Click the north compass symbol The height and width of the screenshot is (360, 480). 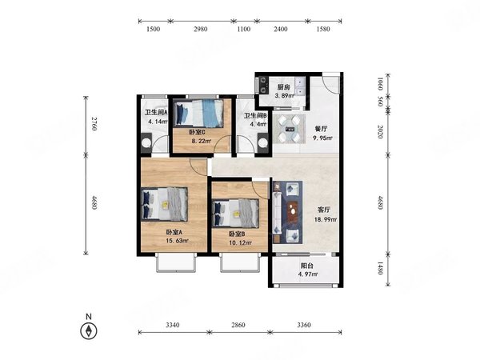[x=89, y=331]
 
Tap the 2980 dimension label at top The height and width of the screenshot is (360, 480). [x=201, y=29]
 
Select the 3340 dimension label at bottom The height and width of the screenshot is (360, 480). [x=173, y=325]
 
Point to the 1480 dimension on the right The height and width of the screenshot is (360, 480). [x=380, y=268]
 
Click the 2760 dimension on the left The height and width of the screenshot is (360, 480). [x=94, y=124]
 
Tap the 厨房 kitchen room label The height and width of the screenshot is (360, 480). [x=284, y=87]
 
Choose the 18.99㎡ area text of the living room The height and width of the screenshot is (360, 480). [x=326, y=219]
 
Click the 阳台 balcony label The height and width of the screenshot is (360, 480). [x=307, y=266]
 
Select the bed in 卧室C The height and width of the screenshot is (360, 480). [x=198, y=114]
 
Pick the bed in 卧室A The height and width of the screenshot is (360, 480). [x=164, y=204]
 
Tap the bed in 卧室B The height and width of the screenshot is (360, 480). [x=235, y=214]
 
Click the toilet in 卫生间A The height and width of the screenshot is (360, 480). [x=146, y=142]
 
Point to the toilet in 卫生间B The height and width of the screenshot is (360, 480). [x=263, y=142]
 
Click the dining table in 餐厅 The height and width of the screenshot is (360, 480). [x=290, y=129]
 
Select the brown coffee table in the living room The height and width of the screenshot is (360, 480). [x=293, y=211]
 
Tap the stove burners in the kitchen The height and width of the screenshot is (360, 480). [x=263, y=85]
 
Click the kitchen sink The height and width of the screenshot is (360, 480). [x=300, y=86]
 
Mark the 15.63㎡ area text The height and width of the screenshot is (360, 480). [x=178, y=241]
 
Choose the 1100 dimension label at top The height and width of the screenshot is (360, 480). [x=244, y=29]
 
